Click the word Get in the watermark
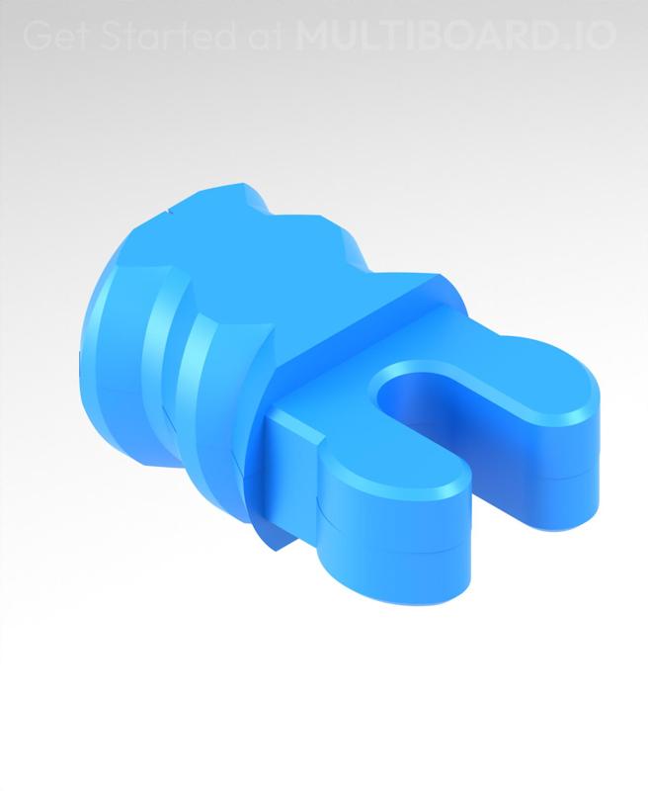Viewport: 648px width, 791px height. pos(52,37)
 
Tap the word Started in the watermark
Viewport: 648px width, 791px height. pos(150,37)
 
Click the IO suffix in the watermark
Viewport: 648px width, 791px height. pos(596,37)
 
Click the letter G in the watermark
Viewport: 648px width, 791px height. pos(36,37)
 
